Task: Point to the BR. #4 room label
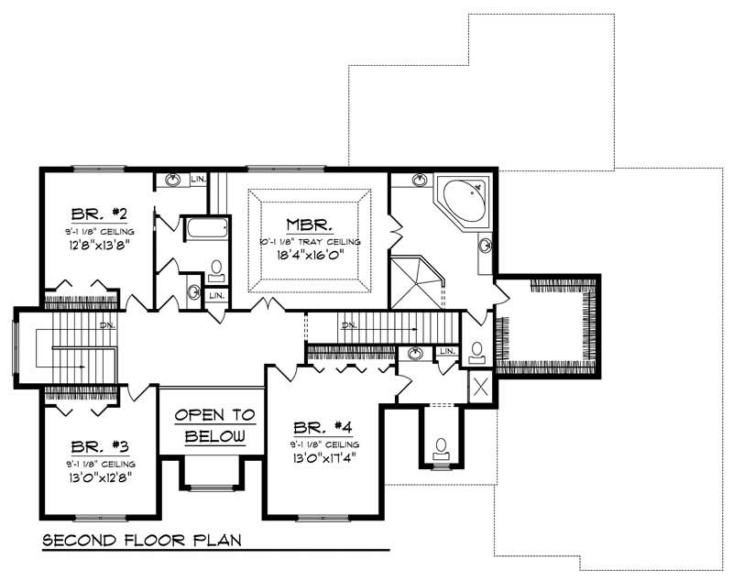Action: [x=321, y=428]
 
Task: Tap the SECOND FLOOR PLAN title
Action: [x=142, y=540]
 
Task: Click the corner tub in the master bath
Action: [x=461, y=201]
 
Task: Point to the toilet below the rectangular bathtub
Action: [x=216, y=269]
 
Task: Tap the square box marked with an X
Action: [x=480, y=386]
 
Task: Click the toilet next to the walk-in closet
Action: [x=476, y=350]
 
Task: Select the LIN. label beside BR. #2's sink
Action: [x=198, y=180]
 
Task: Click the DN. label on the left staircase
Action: [x=106, y=324]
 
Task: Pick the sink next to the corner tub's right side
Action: [x=485, y=246]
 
